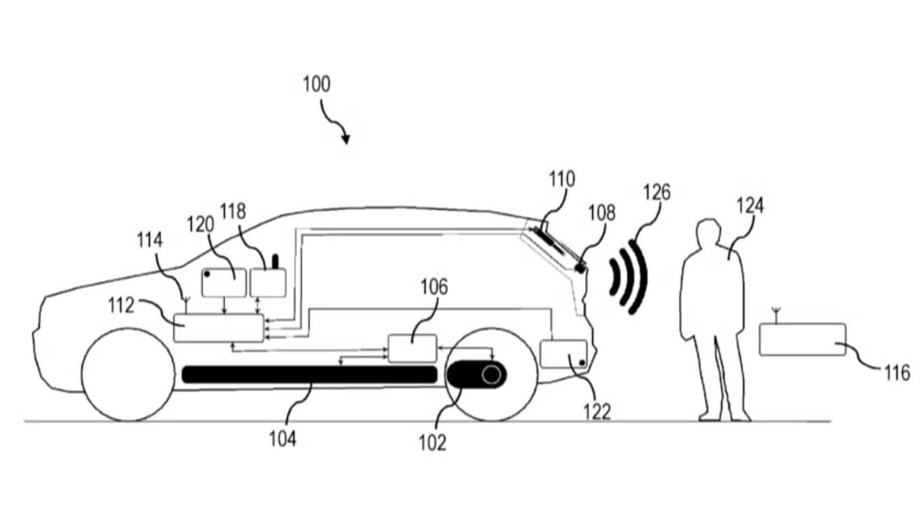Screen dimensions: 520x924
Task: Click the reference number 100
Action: [x=317, y=85]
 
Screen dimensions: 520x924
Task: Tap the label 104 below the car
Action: [x=283, y=439]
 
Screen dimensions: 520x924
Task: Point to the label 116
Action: [x=897, y=372]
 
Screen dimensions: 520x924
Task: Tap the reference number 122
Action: [x=597, y=410]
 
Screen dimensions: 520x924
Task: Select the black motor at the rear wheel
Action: [x=476, y=374]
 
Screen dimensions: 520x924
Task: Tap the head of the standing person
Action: [x=708, y=234]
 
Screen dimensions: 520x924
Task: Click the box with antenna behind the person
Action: [x=802, y=339]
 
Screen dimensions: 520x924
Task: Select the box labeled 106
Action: [x=412, y=348]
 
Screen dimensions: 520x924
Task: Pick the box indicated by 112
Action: [x=218, y=328]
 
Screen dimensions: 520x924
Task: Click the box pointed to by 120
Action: [x=224, y=282]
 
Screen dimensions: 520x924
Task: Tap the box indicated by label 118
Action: [x=269, y=282]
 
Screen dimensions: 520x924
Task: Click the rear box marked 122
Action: [x=563, y=353]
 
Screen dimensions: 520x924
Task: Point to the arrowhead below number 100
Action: [x=346, y=139]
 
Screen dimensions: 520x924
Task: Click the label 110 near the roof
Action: [x=561, y=179]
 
